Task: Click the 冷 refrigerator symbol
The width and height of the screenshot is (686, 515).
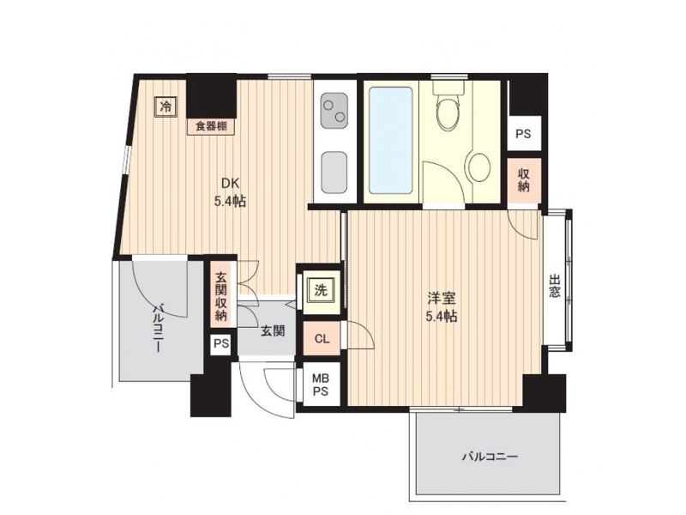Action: pyautogui.click(x=165, y=106)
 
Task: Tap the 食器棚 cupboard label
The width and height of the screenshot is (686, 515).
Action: pyautogui.click(x=211, y=127)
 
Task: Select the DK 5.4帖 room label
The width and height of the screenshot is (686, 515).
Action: pyautogui.click(x=230, y=192)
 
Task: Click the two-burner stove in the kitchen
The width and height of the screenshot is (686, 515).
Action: pyautogui.click(x=334, y=109)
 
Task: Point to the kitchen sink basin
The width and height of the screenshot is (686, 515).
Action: pyautogui.click(x=334, y=173)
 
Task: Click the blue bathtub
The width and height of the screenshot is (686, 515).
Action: pyautogui.click(x=391, y=140)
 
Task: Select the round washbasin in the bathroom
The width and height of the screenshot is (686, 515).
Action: pyautogui.click(x=479, y=167)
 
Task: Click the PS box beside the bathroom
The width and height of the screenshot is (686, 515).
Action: pyautogui.click(x=524, y=133)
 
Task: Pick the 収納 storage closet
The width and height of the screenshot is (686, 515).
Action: pyautogui.click(x=524, y=180)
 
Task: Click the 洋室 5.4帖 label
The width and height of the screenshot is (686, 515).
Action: pyautogui.click(x=442, y=307)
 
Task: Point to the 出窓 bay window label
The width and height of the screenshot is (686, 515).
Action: pyautogui.click(x=555, y=286)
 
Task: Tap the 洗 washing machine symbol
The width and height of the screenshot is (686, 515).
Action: pyautogui.click(x=321, y=290)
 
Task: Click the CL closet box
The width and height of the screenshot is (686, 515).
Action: pyautogui.click(x=322, y=338)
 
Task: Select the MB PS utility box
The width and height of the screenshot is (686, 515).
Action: pyautogui.click(x=321, y=385)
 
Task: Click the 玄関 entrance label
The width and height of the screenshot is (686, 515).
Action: pyautogui.click(x=273, y=331)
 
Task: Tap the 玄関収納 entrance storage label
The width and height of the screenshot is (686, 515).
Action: pyautogui.click(x=221, y=296)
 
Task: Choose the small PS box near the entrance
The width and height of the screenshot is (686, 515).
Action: pyautogui.click(x=221, y=344)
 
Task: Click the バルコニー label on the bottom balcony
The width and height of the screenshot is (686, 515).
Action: pyautogui.click(x=490, y=457)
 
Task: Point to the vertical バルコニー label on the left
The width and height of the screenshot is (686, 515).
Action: pyautogui.click(x=158, y=330)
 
